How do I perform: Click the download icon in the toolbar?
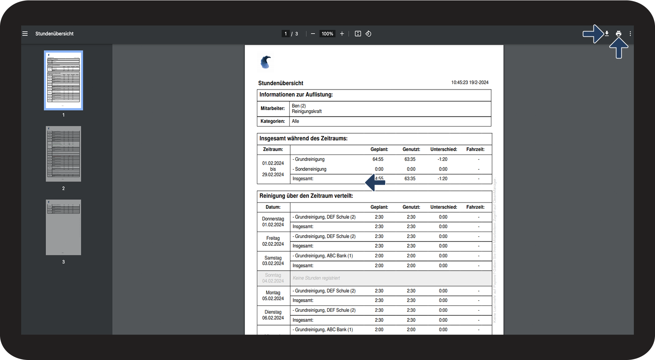click(607, 34)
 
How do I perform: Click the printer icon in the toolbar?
click(618, 34)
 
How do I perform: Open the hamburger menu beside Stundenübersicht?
click(25, 34)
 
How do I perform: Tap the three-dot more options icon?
click(630, 34)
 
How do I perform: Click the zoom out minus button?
click(313, 34)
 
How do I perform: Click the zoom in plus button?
click(342, 34)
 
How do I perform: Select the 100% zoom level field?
click(327, 34)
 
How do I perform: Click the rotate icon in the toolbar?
click(368, 34)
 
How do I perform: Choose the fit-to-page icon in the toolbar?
click(358, 34)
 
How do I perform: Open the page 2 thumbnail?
click(63, 154)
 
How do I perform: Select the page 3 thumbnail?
click(63, 227)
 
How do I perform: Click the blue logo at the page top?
click(265, 62)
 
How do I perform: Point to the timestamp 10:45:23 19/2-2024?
click(470, 83)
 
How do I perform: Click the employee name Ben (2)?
click(299, 106)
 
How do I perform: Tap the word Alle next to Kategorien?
click(295, 121)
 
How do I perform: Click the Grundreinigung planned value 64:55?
click(378, 159)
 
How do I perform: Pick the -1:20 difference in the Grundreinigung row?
click(443, 159)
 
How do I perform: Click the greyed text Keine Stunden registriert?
click(316, 278)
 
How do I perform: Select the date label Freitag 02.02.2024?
click(273, 241)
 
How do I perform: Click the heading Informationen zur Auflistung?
click(296, 95)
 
